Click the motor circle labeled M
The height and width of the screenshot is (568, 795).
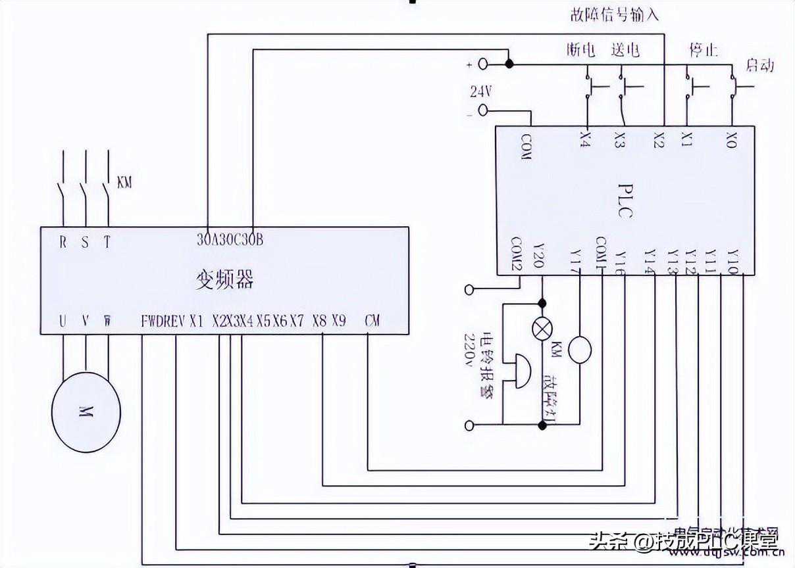86,412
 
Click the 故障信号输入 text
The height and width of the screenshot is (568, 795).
614,14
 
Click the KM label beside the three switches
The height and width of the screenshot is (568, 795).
124,182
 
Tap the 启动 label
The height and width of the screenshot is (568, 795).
759,65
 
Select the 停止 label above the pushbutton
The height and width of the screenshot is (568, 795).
703,50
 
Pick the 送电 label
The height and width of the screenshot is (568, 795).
625,50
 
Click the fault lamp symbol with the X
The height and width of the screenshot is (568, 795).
542,330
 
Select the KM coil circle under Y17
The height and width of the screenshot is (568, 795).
580,349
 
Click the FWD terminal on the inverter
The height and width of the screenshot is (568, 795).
151,321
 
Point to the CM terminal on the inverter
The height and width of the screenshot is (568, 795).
372,321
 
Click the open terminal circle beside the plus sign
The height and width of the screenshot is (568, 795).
483,64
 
